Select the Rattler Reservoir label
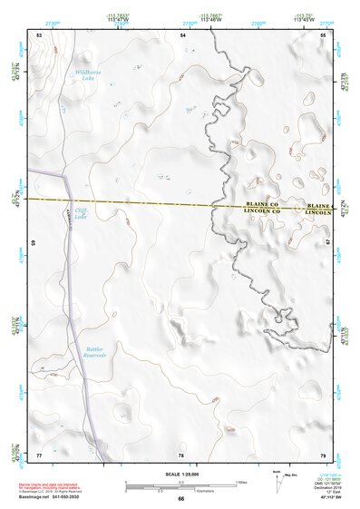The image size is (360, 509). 96,352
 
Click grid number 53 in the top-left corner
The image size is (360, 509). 39,34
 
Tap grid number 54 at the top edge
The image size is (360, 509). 182,34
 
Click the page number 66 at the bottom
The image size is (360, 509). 180,499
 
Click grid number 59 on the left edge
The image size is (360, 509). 34,244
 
